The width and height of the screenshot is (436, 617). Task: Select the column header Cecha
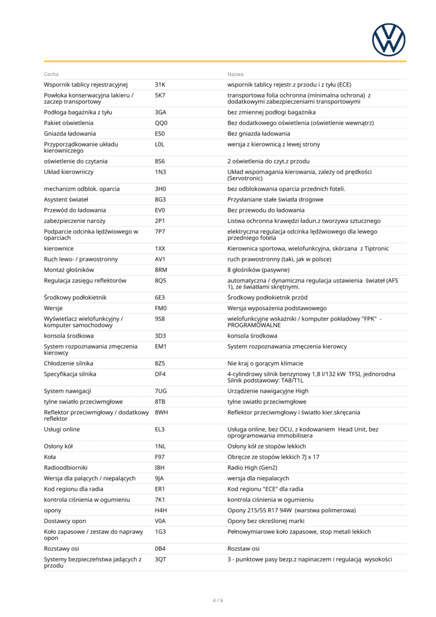[x=51, y=74]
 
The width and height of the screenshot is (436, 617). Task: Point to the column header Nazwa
[x=235, y=74]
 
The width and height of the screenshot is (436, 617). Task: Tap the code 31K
[x=160, y=84]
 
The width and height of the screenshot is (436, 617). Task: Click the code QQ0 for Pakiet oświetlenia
[x=161, y=123]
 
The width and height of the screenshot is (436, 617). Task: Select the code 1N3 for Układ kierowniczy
[x=160, y=172]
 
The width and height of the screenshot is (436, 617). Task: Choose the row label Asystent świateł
[x=66, y=199]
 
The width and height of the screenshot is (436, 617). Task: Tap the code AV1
[x=160, y=259]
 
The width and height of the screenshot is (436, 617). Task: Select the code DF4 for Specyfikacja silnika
[x=160, y=374]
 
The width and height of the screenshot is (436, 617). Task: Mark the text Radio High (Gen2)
[x=252, y=468]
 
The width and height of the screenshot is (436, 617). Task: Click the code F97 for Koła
[x=160, y=457]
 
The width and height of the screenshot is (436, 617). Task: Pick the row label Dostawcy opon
[x=65, y=521]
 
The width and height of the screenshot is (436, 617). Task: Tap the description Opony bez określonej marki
[x=266, y=521]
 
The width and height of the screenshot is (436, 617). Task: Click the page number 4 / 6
[x=217, y=600]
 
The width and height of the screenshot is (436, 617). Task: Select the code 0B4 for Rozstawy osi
[x=160, y=549]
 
